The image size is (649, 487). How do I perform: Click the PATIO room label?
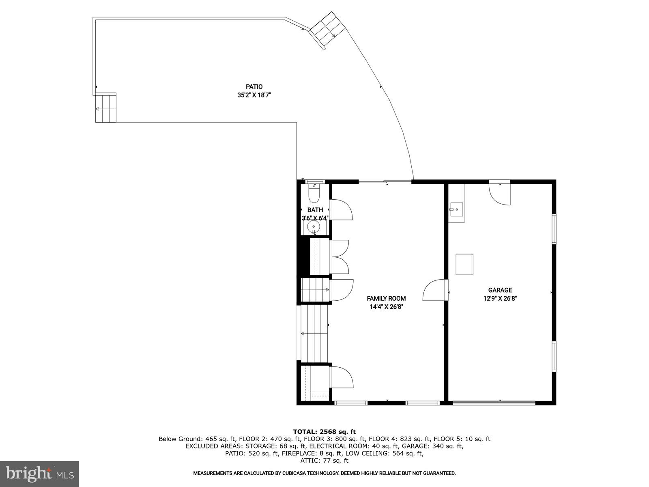tap(254, 86)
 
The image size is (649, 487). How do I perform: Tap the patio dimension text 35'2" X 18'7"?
tap(254, 95)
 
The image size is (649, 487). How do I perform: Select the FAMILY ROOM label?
tap(386, 298)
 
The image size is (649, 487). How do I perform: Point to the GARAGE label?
tap(500, 290)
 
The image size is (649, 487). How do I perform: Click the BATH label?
tap(315, 210)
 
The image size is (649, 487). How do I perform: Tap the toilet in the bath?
tap(314, 194)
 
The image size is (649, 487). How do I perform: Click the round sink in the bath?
tap(314, 226)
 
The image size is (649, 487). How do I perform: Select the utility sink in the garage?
tap(456, 210)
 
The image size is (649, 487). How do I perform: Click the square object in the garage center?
tap(464, 264)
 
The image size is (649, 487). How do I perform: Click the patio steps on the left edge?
tap(106, 108)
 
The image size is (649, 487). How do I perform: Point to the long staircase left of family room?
tap(314, 334)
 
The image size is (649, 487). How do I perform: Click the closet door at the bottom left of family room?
tap(342, 377)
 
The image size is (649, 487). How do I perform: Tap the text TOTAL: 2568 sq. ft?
tap(324, 432)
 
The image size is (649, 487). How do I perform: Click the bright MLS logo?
tap(39, 474)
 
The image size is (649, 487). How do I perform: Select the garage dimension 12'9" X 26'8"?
tap(500, 298)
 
